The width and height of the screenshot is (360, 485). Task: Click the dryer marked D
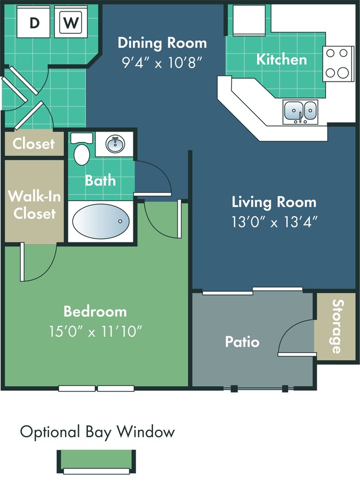35,22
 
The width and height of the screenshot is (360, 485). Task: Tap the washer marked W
71,22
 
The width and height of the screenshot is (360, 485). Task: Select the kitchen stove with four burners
338,63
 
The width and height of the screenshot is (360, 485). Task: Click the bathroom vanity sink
115,143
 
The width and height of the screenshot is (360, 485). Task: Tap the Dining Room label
162,43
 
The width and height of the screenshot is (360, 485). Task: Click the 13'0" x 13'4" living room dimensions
274,220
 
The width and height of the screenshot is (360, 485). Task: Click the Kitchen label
281,59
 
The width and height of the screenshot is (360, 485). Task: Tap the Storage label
336,326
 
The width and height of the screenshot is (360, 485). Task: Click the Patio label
242,342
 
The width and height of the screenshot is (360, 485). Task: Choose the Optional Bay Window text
97,432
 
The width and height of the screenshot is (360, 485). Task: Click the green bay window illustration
96,461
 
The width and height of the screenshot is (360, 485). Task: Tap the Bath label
101,180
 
